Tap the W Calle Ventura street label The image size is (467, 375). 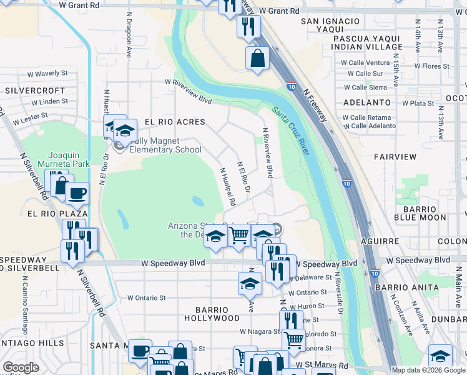(365, 62)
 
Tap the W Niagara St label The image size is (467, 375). (258, 332)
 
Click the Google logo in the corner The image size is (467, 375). (21, 367)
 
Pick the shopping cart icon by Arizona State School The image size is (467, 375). (238, 235)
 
